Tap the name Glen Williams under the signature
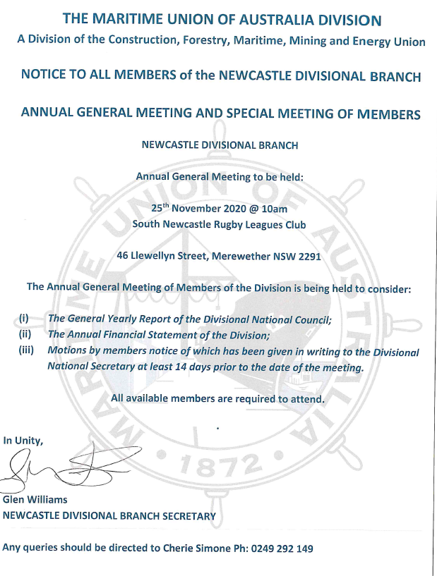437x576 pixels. (x=35, y=500)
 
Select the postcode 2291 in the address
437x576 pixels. (x=309, y=257)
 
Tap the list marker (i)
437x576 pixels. (x=24, y=319)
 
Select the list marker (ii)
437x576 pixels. (x=25, y=335)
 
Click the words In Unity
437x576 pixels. (x=23, y=441)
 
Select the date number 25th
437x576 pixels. (x=160, y=208)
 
